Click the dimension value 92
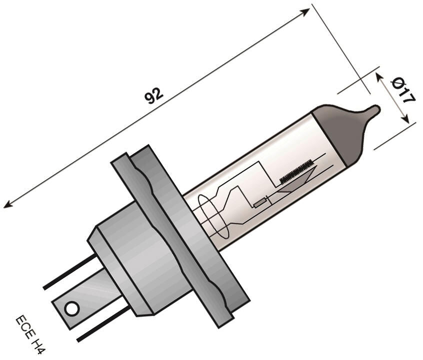tap(153, 95)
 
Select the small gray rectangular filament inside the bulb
tap(260, 202)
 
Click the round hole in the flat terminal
tap(72, 308)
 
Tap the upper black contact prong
tap(69, 273)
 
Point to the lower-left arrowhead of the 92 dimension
tap(7, 204)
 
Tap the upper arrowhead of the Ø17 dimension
tap(379, 76)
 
